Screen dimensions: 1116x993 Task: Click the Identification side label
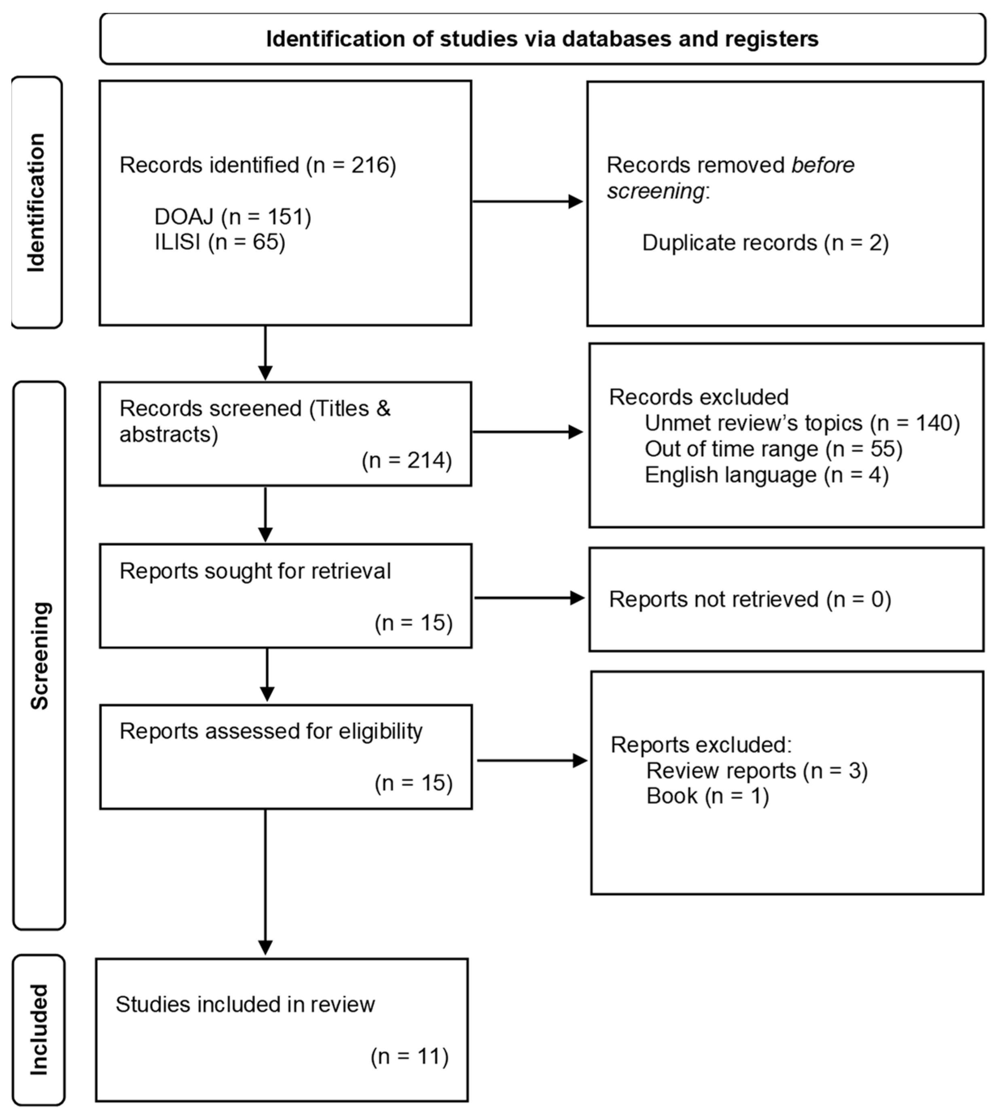click(x=36, y=203)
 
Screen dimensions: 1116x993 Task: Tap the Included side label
click(x=38, y=1030)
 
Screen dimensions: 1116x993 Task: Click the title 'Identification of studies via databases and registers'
click(x=542, y=39)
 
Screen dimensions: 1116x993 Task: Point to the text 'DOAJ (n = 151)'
click(x=233, y=217)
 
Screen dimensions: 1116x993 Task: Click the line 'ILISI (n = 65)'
click(x=220, y=242)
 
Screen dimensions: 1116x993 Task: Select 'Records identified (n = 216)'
click(x=257, y=165)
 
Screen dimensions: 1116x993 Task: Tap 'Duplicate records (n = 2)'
click(x=765, y=243)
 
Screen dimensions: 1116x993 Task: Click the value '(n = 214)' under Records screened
click(x=407, y=460)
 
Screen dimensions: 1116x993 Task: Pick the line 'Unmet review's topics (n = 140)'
click(x=802, y=423)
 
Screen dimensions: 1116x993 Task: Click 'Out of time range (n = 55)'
click(x=773, y=449)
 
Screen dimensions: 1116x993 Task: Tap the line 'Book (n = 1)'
click(x=707, y=796)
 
